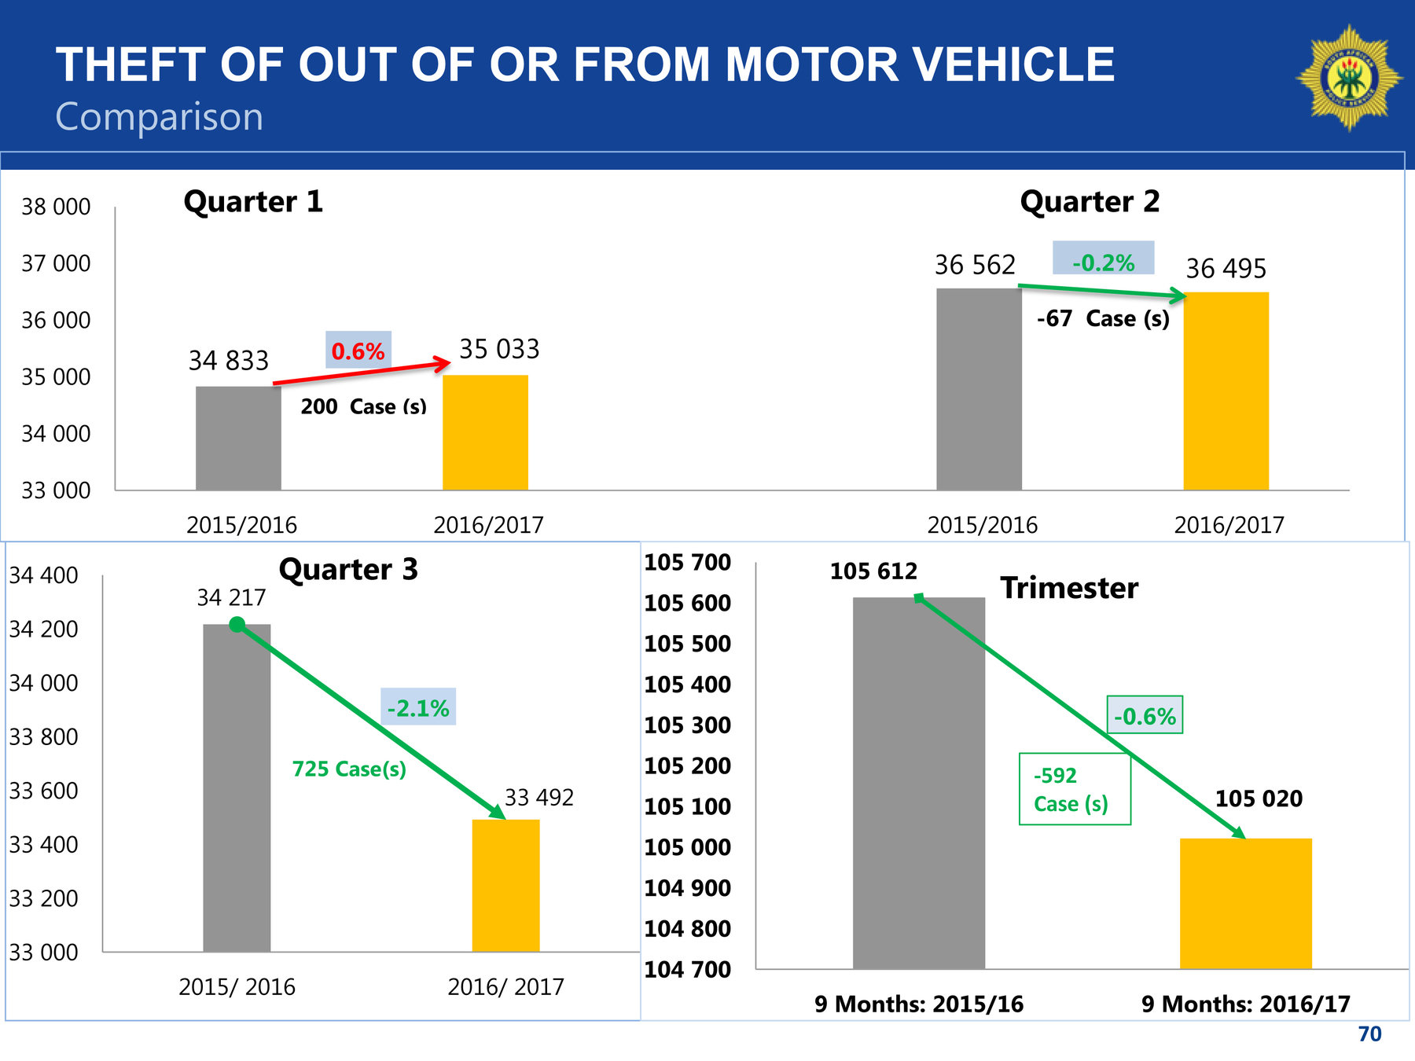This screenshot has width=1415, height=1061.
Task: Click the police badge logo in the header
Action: (x=1349, y=78)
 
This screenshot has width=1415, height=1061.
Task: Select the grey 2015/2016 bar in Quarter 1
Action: (x=238, y=438)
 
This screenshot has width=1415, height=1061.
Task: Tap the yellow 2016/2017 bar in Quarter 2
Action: (x=1226, y=391)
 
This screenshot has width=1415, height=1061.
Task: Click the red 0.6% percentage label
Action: (x=358, y=351)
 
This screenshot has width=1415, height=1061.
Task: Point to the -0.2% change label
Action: (x=1103, y=262)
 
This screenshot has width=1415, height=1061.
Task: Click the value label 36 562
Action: (x=975, y=265)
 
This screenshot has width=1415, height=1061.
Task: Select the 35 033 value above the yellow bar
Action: (x=499, y=349)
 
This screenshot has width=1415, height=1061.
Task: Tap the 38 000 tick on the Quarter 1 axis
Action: (x=56, y=207)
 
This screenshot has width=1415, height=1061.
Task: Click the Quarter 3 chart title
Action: (x=348, y=569)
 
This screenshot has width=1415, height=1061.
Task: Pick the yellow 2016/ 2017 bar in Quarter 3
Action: (x=505, y=885)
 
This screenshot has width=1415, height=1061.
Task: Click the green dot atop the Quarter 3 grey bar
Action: (x=237, y=625)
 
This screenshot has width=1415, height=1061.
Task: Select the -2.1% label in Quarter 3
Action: (x=418, y=708)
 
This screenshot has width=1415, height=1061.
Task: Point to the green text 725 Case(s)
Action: (x=349, y=769)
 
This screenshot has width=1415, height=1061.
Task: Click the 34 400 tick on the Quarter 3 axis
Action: (x=44, y=575)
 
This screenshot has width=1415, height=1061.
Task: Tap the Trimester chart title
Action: (x=1069, y=588)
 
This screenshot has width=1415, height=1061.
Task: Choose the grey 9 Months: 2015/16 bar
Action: (x=918, y=783)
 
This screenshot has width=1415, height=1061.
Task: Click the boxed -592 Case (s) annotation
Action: (x=1074, y=789)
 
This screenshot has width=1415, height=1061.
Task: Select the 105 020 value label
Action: (x=1259, y=799)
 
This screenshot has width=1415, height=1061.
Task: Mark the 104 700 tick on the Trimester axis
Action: (x=687, y=969)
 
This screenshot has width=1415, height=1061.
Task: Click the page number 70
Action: (x=1369, y=1033)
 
